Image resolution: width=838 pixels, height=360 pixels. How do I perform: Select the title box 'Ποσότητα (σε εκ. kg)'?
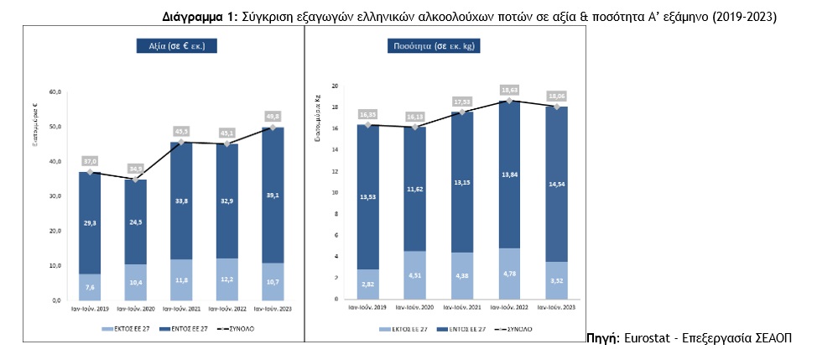434,47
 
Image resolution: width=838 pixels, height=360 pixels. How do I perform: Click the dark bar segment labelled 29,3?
90,223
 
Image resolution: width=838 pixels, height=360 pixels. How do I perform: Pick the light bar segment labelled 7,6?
90,287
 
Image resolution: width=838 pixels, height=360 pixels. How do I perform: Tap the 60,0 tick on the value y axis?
56,91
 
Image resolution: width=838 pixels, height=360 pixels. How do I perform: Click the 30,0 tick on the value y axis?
56,196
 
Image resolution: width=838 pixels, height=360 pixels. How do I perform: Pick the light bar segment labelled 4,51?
415,275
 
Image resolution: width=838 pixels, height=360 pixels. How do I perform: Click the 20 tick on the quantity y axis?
334,86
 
